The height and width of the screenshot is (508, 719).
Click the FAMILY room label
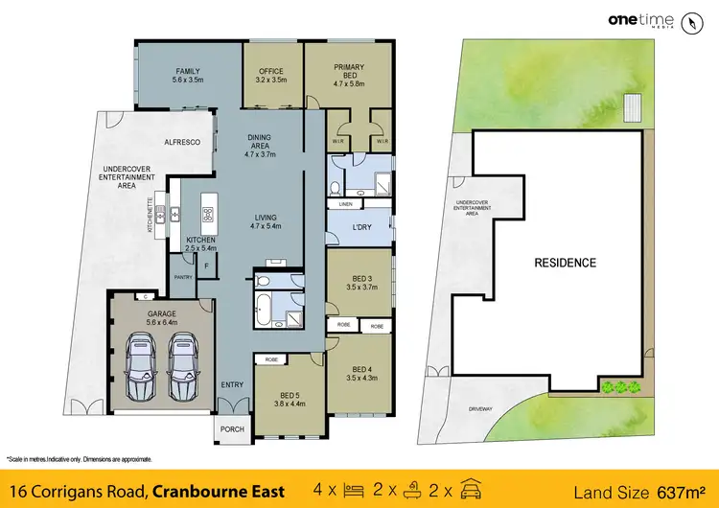(x=186, y=71)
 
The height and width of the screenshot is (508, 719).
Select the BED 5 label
(x=291, y=396)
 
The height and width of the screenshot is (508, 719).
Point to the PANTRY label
(x=183, y=278)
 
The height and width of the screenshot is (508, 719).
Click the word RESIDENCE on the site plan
(x=566, y=263)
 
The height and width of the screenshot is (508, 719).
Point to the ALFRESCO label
(x=181, y=142)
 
